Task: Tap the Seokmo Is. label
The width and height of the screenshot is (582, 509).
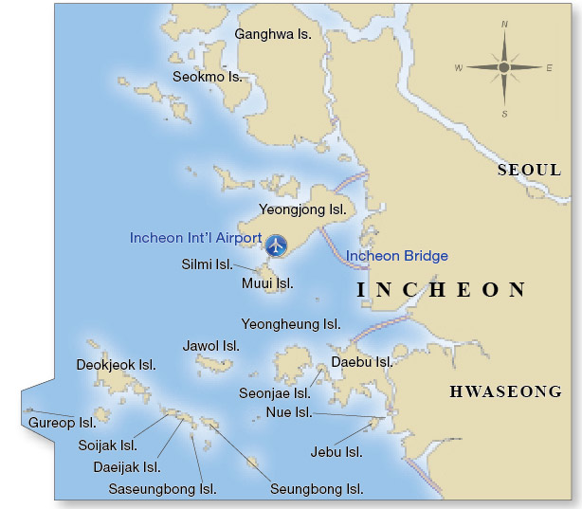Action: (207, 76)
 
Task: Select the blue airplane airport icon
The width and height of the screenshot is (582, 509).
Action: (276, 245)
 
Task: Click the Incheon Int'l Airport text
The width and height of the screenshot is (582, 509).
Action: (195, 238)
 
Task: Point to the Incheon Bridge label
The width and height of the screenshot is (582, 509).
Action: (396, 256)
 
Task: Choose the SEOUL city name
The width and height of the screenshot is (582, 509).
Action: (529, 171)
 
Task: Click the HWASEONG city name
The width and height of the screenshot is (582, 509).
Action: (505, 391)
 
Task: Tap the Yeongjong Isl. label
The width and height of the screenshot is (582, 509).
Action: (300, 209)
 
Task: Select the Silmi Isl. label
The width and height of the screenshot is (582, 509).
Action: (207, 264)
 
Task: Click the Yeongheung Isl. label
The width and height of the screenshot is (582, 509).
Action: (291, 324)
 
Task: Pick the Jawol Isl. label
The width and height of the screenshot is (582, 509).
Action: (208, 346)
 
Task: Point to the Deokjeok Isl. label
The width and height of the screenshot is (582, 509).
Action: (116, 364)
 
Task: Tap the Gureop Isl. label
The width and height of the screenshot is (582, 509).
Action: (62, 423)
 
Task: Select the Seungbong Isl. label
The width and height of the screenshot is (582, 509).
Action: (317, 489)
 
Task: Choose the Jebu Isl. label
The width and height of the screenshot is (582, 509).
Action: (336, 452)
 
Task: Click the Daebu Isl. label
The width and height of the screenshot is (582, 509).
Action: (361, 361)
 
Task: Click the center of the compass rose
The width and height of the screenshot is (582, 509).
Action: (503, 67)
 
